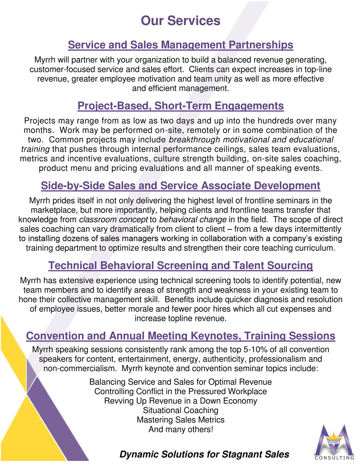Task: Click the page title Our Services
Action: [x=181, y=21]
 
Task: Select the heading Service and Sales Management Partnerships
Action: [x=181, y=45]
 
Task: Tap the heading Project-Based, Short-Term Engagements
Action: [x=181, y=106]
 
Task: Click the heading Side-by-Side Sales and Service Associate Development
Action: [x=181, y=186]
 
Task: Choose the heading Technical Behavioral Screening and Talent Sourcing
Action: [x=181, y=266]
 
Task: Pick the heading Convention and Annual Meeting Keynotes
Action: [x=181, y=336]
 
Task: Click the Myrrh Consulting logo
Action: [x=334, y=440]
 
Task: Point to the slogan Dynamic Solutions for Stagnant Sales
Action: [x=204, y=454]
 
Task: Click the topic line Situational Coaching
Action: [x=181, y=410]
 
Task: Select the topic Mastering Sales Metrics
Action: [x=181, y=420]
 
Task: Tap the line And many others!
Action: [x=181, y=429]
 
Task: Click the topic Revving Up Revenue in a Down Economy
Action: [x=181, y=401]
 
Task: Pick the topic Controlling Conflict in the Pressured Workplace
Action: [x=181, y=392]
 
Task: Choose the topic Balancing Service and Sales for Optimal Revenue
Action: [x=181, y=382]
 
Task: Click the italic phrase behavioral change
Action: [x=193, y=220]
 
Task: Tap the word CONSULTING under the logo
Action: [x=334, y=458]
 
